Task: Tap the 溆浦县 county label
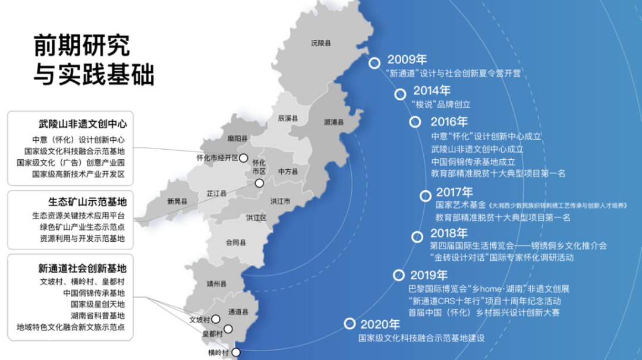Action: (x=334, y=122)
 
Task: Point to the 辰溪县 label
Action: (x=288, y=119)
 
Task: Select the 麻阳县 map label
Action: (x=238, y=139)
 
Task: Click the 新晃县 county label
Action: (x=177, y=201)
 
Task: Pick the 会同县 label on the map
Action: (x=236, y=242)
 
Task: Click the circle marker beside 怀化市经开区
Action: (x=244, y=158)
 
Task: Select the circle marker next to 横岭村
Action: (x=236, y=352)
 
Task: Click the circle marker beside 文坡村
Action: (x=216, y=319)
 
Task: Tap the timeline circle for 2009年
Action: (x=374, y=62)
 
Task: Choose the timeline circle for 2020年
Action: (x=349, y=324)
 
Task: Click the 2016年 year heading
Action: (x=449, y=122)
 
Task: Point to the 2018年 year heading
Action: (x=449, y=233)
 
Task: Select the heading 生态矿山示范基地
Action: (x=87, y=201)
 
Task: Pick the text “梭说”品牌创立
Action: (x=440, y=105)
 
